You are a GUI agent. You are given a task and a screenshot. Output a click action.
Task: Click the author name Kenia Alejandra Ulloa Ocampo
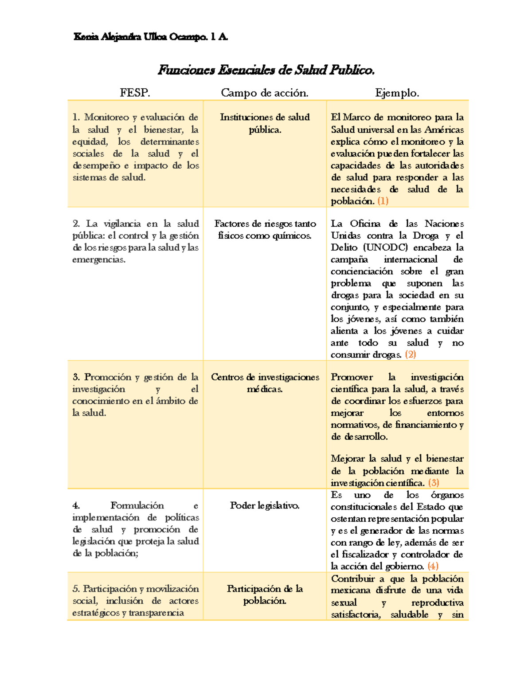coord(151,37)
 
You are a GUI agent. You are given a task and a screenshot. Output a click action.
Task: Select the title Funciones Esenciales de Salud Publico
coord(266,70)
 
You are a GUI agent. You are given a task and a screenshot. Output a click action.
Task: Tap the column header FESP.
coord(135,93)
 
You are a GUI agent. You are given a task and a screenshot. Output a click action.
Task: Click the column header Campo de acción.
coord(265,93)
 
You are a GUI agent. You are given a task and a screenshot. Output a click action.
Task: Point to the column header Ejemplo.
coord(397,93)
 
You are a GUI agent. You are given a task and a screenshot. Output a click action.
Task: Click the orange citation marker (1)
coord(383,201)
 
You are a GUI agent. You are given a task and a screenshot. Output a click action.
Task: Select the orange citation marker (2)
coord(410,354)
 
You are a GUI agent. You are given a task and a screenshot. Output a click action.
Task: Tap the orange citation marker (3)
coord(433,483)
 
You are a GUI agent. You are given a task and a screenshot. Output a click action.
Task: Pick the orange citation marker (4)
coord(433,566)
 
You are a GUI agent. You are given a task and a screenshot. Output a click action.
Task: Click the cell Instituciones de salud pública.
coord(265,123)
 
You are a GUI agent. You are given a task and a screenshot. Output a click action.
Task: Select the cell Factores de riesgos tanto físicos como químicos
coord(265,229)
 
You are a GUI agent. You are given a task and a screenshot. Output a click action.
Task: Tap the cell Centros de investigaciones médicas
coord(265,383)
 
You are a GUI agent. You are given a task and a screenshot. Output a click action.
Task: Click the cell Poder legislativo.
coord(265,505)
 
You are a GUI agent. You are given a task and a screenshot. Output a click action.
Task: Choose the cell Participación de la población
coord(265,595)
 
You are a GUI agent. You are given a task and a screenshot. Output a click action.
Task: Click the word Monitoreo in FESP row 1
coord(106,117)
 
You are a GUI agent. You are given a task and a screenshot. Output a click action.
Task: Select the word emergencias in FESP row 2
coord(98,260)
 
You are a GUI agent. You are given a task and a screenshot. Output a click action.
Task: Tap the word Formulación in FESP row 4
coord(137,505)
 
